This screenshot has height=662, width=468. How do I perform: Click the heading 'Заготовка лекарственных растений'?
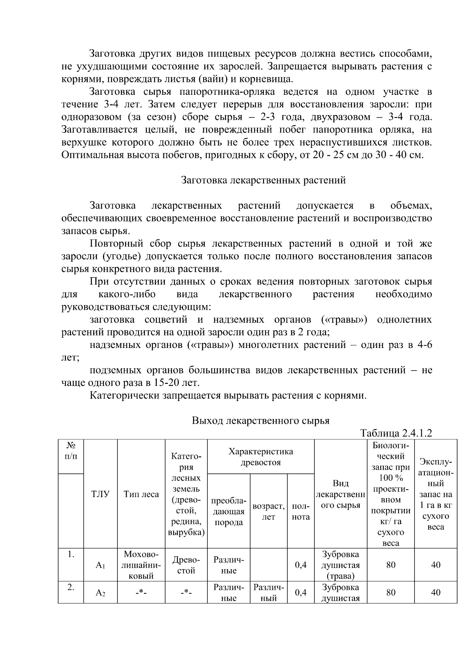263,180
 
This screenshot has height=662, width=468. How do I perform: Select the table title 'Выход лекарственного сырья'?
261,421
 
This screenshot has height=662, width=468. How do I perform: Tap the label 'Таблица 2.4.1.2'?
396,433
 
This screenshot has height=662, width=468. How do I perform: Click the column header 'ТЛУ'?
100,494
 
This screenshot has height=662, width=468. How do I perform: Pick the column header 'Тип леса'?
141,494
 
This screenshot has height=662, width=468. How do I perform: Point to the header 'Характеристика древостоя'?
261,457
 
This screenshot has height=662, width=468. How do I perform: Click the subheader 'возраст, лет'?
268,511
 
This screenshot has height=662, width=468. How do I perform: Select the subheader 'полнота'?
301,511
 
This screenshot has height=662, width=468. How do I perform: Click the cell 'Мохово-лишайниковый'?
141,565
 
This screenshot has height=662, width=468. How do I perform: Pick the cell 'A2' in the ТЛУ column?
100,593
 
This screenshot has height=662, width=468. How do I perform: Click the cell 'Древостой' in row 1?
186,565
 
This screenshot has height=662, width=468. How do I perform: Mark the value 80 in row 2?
391,593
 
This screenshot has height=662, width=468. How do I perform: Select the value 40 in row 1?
436,565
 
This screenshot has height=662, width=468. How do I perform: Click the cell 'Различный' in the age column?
268,593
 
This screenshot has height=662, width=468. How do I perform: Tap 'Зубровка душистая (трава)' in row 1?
340,565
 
